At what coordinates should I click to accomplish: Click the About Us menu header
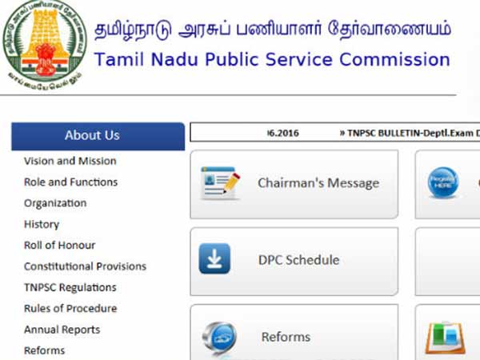[92, 135]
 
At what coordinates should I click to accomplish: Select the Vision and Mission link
[70, 161]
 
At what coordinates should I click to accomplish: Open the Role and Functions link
[70, 182]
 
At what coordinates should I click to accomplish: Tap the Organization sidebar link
[55, 203]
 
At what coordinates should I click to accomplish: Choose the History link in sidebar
[42, 224]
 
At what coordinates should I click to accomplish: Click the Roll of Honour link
[59, 245]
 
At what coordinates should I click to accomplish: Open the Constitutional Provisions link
[85, 266]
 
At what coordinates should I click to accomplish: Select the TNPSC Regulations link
[70, 287]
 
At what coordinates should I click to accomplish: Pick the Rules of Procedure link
[70, 308]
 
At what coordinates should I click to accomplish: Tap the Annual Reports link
[62, 330]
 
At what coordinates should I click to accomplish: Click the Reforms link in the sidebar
[44, 350]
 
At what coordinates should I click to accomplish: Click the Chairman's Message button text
[318, 183]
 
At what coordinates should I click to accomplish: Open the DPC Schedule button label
[298, 260]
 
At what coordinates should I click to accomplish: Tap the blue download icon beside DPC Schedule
[214, 259]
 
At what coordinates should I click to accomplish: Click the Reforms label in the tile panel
[286, 337]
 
